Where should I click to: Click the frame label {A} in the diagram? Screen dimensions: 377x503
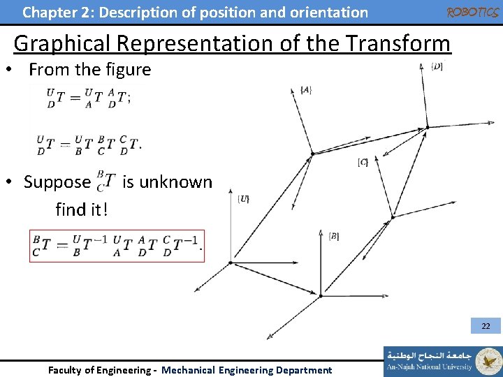pos(305,91)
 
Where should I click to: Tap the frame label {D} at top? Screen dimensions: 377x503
pos(437,67)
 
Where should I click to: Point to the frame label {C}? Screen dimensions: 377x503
pos(363,162)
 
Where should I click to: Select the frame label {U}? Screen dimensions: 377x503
pos(244,199)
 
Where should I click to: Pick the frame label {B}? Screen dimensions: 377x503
pos(334,237)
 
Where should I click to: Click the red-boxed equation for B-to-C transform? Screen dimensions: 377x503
pos(117,245)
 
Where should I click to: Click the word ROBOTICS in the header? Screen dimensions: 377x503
pos(472,13)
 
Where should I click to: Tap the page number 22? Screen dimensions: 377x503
pos(486,326)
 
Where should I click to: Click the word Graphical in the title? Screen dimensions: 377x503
pos(63,43)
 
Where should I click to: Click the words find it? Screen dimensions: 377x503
pos(82,209)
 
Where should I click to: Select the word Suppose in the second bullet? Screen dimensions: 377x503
pos(57,182)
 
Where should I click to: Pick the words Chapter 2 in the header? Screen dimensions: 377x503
pos(54,12)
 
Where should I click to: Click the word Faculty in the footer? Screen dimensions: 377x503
pos(68,370)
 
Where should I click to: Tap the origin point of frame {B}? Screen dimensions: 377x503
pos(320,295)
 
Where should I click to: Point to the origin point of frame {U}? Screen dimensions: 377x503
pos(231,263)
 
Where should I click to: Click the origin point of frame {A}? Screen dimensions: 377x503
pos(312,154)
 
